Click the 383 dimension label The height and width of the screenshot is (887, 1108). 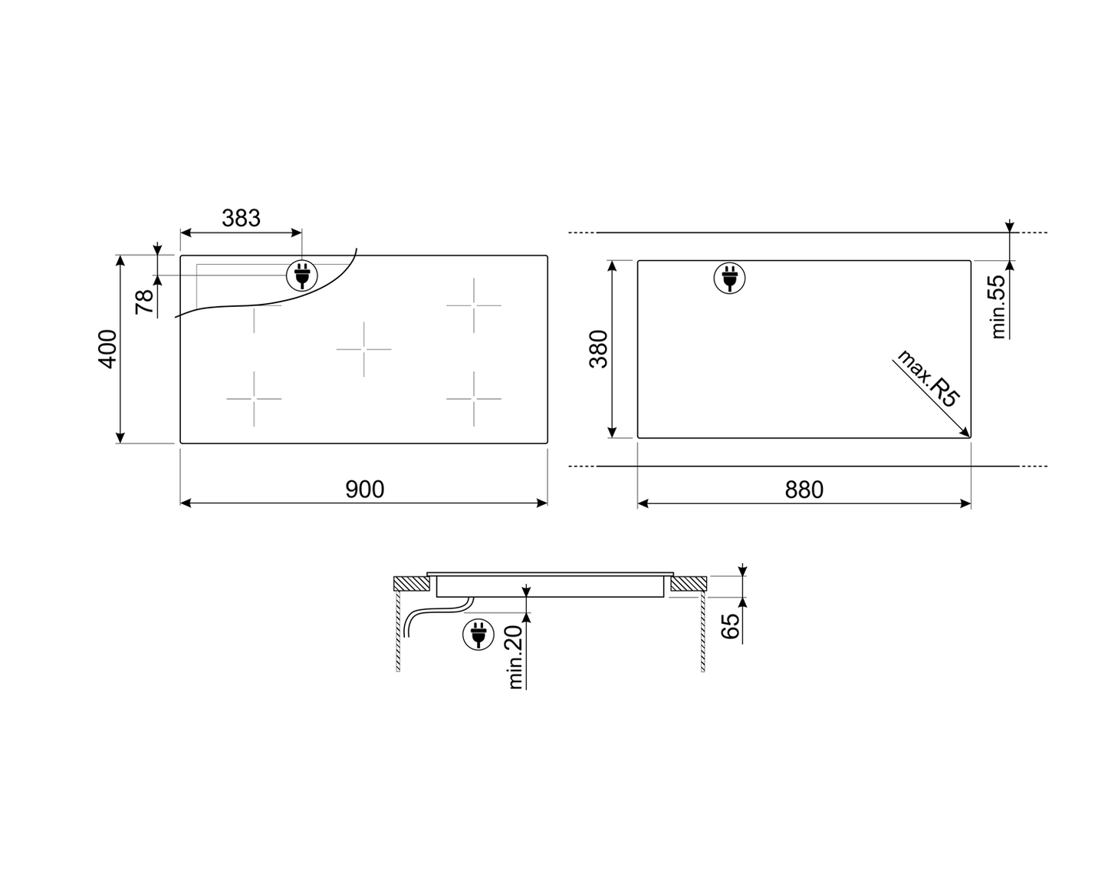241,218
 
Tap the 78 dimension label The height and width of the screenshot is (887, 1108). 145,302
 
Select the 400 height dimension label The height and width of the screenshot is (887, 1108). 107,349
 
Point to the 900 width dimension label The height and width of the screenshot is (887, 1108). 364,489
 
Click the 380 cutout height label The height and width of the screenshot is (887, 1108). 599,349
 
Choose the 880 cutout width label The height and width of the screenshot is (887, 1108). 804,490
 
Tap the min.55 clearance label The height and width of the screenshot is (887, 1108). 998,307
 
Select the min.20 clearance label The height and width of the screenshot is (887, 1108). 515,657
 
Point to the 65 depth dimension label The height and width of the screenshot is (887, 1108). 729,626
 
